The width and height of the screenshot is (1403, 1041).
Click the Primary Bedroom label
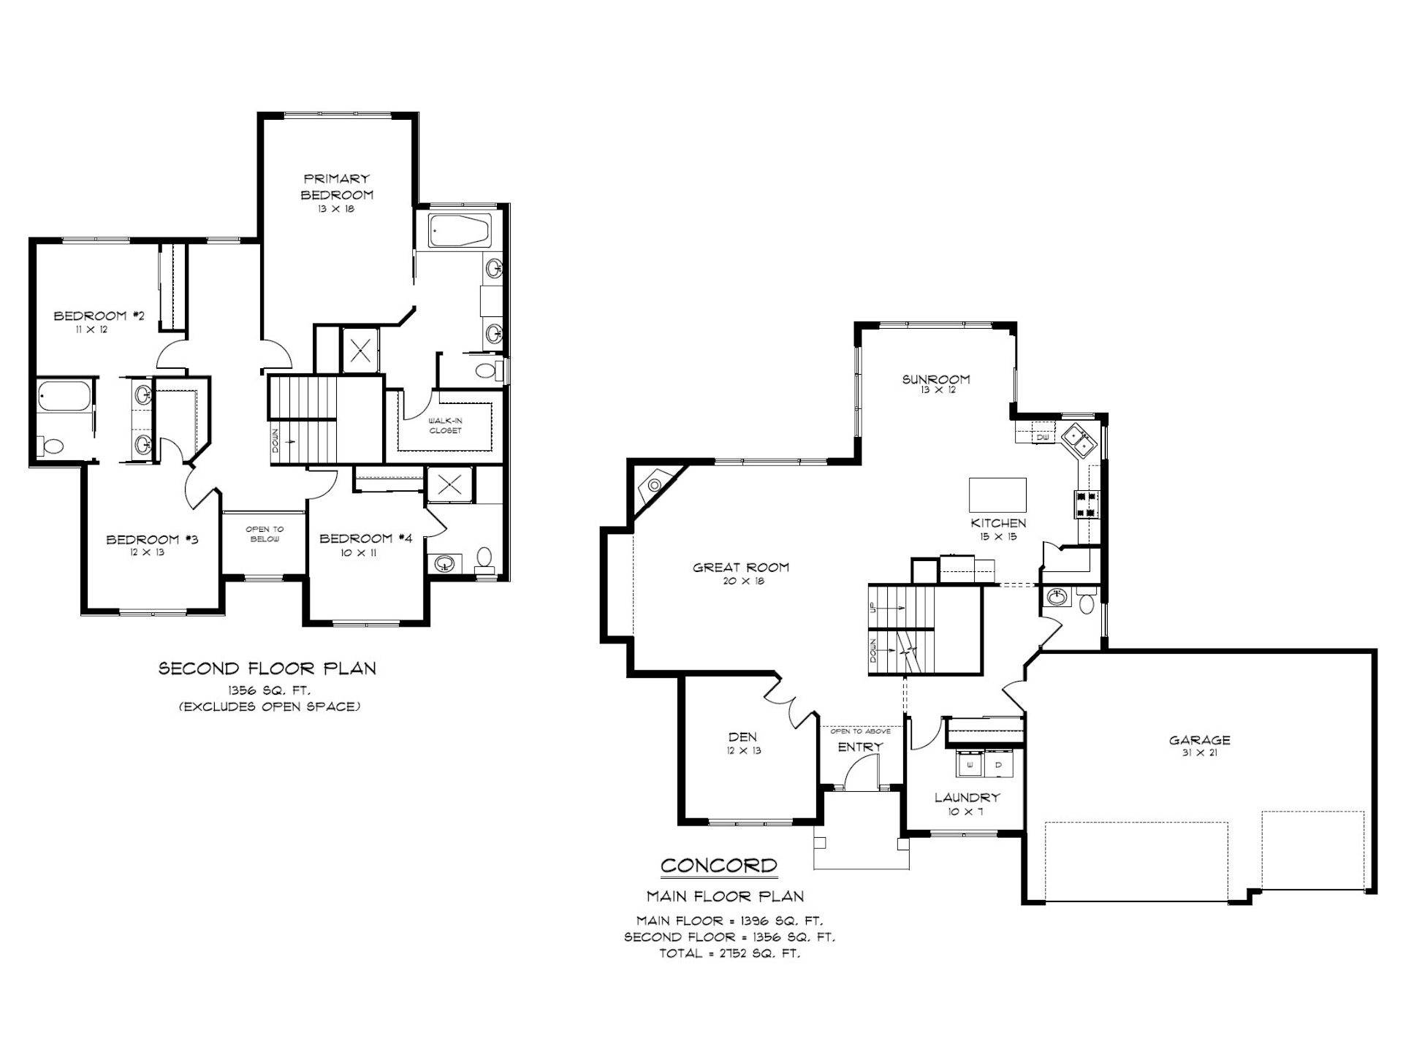(337, 186)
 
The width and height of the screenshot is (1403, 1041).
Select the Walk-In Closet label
(445, 425)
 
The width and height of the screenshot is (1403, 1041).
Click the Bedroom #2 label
(99, 316)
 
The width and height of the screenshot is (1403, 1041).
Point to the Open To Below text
(265, 534)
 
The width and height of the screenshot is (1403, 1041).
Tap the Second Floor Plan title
(267, 668)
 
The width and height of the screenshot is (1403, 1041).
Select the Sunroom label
(936, 379)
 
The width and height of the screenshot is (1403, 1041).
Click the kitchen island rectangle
(997, 495)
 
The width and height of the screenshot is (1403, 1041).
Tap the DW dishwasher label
(1042, 438)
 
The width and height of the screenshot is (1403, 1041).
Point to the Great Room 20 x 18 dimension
(741, 581)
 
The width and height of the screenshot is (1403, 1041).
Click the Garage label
(1199, 740)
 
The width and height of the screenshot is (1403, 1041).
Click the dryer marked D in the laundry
(1000, 765)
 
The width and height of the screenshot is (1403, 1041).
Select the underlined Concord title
(718, 866)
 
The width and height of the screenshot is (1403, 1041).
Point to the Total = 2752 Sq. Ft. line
(729, 953)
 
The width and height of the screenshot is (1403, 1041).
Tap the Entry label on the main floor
(860, 747)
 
